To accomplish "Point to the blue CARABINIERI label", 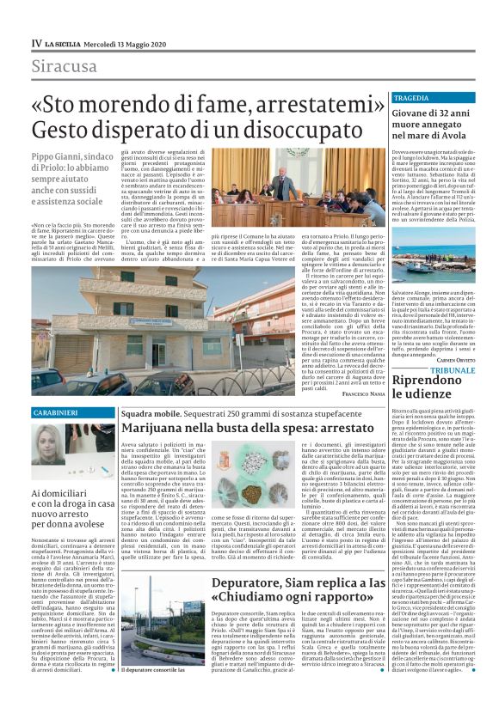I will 55,413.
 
